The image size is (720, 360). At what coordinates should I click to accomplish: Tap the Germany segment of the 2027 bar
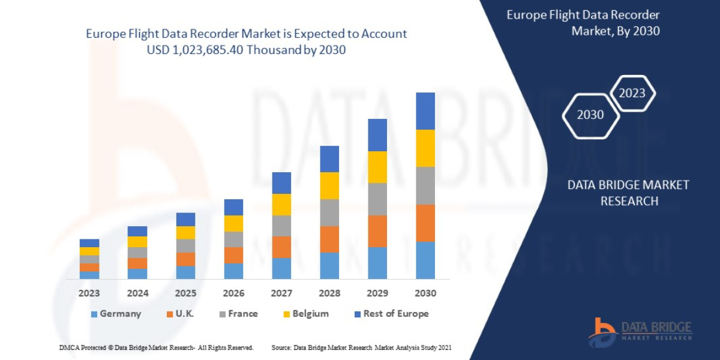[x=281, y=268]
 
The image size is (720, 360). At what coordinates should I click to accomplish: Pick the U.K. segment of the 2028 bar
[x=329, y=239]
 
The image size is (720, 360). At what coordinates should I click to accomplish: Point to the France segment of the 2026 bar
[x=233, y=239]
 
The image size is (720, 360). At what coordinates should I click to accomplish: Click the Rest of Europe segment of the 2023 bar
[x=89, y=243]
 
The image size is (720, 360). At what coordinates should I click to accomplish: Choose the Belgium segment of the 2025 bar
[x=185, y=233]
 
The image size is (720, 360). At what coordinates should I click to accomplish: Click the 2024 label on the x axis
[x=137, y=293]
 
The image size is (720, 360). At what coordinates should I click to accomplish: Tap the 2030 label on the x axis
[x=425, y=293]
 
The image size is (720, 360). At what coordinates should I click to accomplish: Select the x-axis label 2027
[x=281, y=293]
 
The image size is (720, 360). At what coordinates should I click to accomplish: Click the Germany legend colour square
[x=94, y=314]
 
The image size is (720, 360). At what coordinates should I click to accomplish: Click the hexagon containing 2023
[x=632, y=93]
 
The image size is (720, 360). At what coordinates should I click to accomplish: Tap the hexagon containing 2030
[x=590, y=115]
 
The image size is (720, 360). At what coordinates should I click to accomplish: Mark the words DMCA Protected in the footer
[x=84, y=347]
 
